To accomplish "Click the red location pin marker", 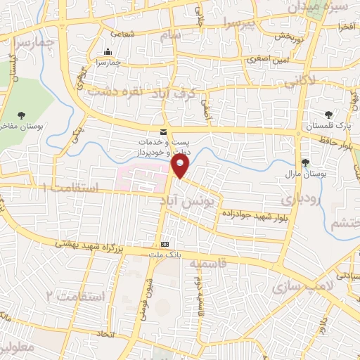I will [x=181, y=166].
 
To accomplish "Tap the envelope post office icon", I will [x=164, y=132].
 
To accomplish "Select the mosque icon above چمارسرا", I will [x=108, y=51].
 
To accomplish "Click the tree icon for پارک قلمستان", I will [x=327, y=115].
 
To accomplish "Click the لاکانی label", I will [x=301, y=81].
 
